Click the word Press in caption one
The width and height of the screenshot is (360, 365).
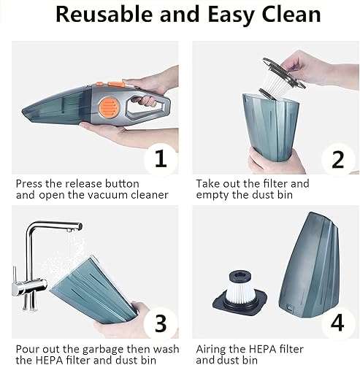pyautogui.click(x=31, y=183)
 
